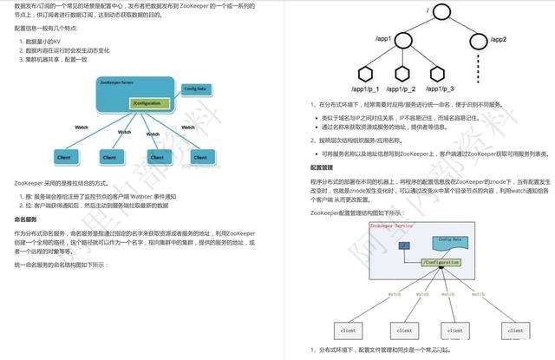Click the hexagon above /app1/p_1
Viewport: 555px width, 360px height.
[x=340, y=76]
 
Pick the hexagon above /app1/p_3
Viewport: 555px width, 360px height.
[x=434, y=76]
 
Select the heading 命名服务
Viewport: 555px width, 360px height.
[x=27, y=219]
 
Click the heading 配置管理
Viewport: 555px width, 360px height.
[x=323, y=167]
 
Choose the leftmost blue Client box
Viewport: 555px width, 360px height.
[x=63, y=157]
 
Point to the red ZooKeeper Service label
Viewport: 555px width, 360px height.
[x=392, y=225]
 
